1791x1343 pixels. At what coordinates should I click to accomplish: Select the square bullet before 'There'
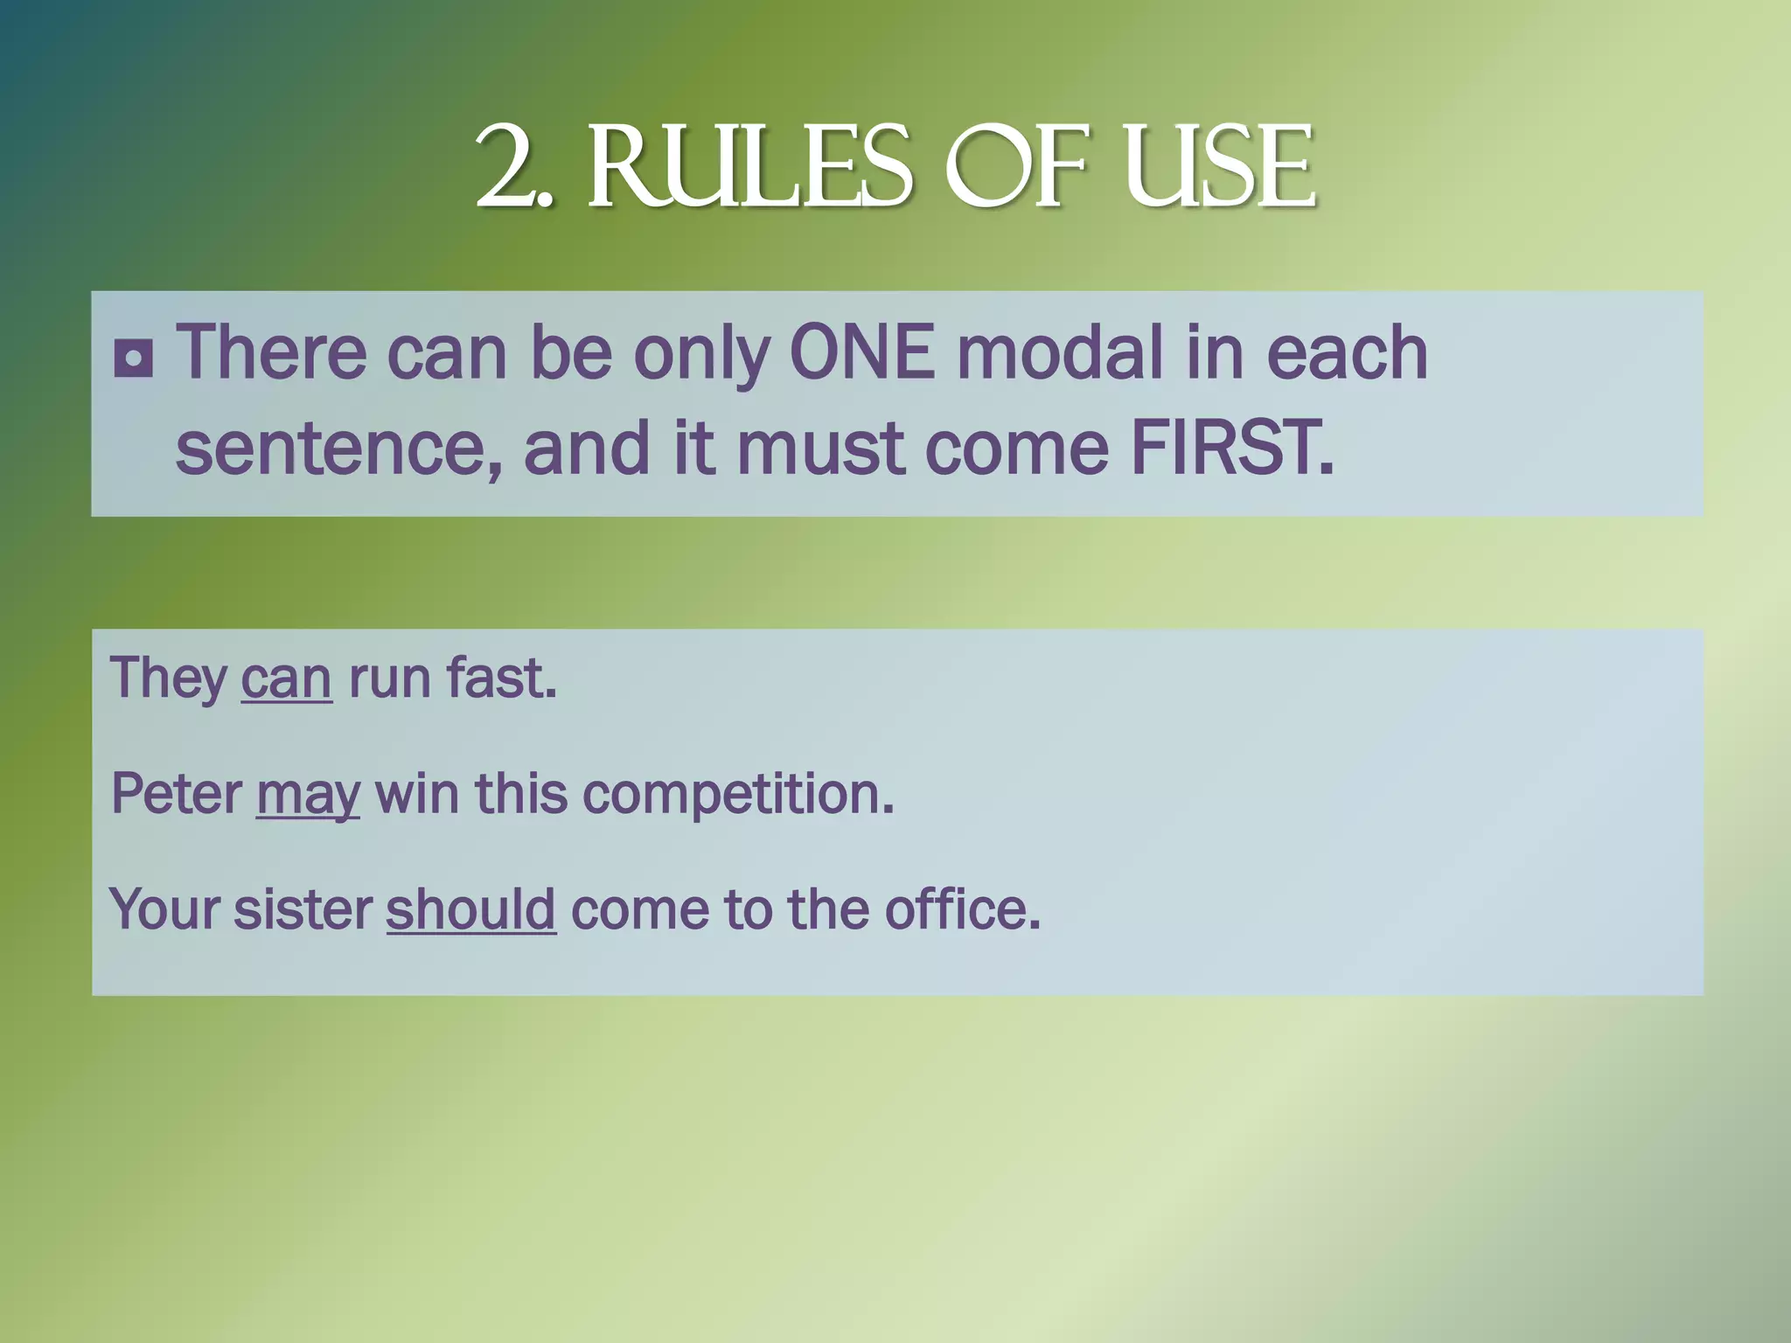[x=133, y=358]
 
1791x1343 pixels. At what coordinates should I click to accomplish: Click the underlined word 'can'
[x=286, y=678]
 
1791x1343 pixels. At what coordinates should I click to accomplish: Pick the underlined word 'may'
[x=308, y=796]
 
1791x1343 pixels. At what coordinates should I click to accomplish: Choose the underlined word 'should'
[x=470, y=909]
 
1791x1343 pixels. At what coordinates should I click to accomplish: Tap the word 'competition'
[x=737, y=796]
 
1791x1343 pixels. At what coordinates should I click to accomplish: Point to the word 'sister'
[x=303, y=909]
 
